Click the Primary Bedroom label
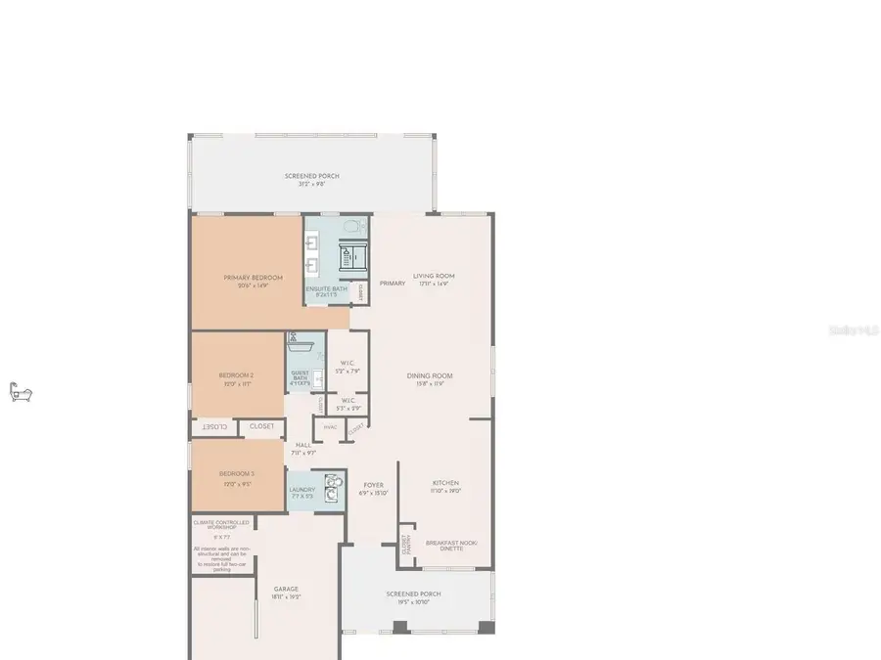pos(253,278)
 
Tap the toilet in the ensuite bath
pos(359,229)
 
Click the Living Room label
pos(433,276)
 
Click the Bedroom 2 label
pos(236,375)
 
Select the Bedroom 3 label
pos(236,472)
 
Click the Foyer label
pos(374,485)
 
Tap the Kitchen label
pos(446,483)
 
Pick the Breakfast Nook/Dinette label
pos(444,546)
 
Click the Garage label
pos(286,589)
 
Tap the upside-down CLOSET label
pos(215,426)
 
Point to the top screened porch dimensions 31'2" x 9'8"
pos(311,183)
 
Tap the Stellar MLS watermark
pos(854,331)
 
